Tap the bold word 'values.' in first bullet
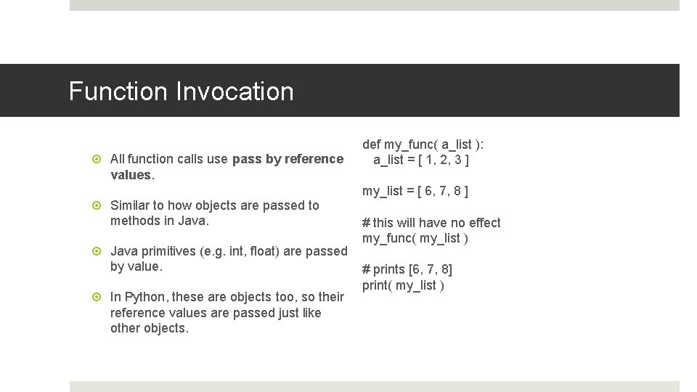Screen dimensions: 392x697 (x=131, y=175)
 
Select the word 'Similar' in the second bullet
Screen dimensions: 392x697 (x=130, y=205)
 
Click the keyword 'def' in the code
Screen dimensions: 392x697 (x=372, y=144)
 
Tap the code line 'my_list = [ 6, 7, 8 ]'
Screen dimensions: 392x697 (x=415, y=192)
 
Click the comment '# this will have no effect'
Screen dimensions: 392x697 (x=431, y=223)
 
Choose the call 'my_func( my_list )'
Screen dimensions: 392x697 (x=415, y=239)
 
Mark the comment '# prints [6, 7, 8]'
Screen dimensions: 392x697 (x=407, y=269)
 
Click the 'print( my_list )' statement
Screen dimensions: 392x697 (x=403, y=285)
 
